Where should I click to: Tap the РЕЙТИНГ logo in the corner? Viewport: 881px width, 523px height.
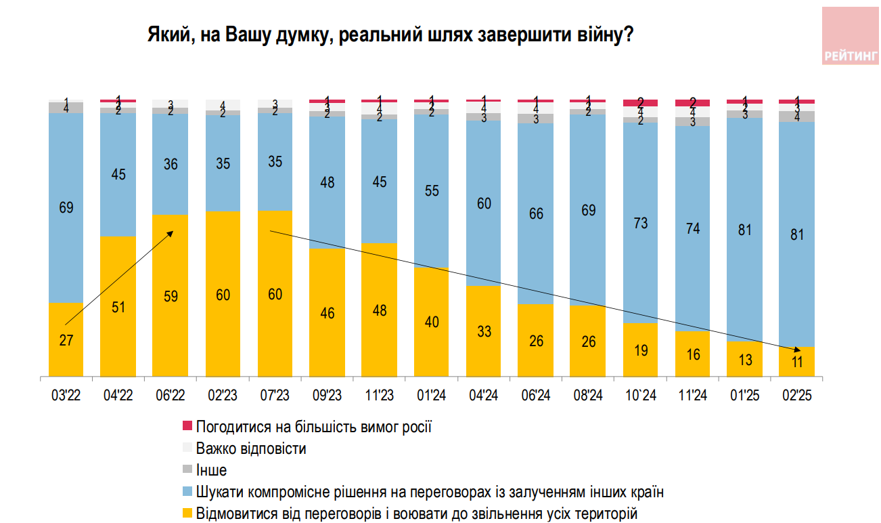point(851,37)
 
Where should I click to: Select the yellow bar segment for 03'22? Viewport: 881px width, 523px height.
point(66,339)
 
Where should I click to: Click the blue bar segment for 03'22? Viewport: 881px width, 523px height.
point(66,208)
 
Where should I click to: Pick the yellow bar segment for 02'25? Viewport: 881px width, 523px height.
point(797,361)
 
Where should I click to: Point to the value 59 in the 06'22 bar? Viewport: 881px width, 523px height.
point(170,295)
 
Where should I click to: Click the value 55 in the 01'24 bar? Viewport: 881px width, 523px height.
point(432,191)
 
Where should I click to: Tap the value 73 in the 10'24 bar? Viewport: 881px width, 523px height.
point(641,223)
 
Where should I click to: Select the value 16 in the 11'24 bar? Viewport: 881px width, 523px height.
point(693,354)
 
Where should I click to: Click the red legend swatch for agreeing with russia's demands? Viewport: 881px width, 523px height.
point(188,427)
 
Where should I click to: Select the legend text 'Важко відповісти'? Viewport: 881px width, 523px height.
point(251,448)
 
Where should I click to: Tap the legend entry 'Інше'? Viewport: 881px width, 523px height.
point(211,470)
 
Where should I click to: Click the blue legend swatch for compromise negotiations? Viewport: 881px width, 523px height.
point(188,492)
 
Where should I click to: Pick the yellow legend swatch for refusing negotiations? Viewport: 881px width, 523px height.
point(188,513)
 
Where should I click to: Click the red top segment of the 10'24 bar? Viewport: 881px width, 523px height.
point(641,102)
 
